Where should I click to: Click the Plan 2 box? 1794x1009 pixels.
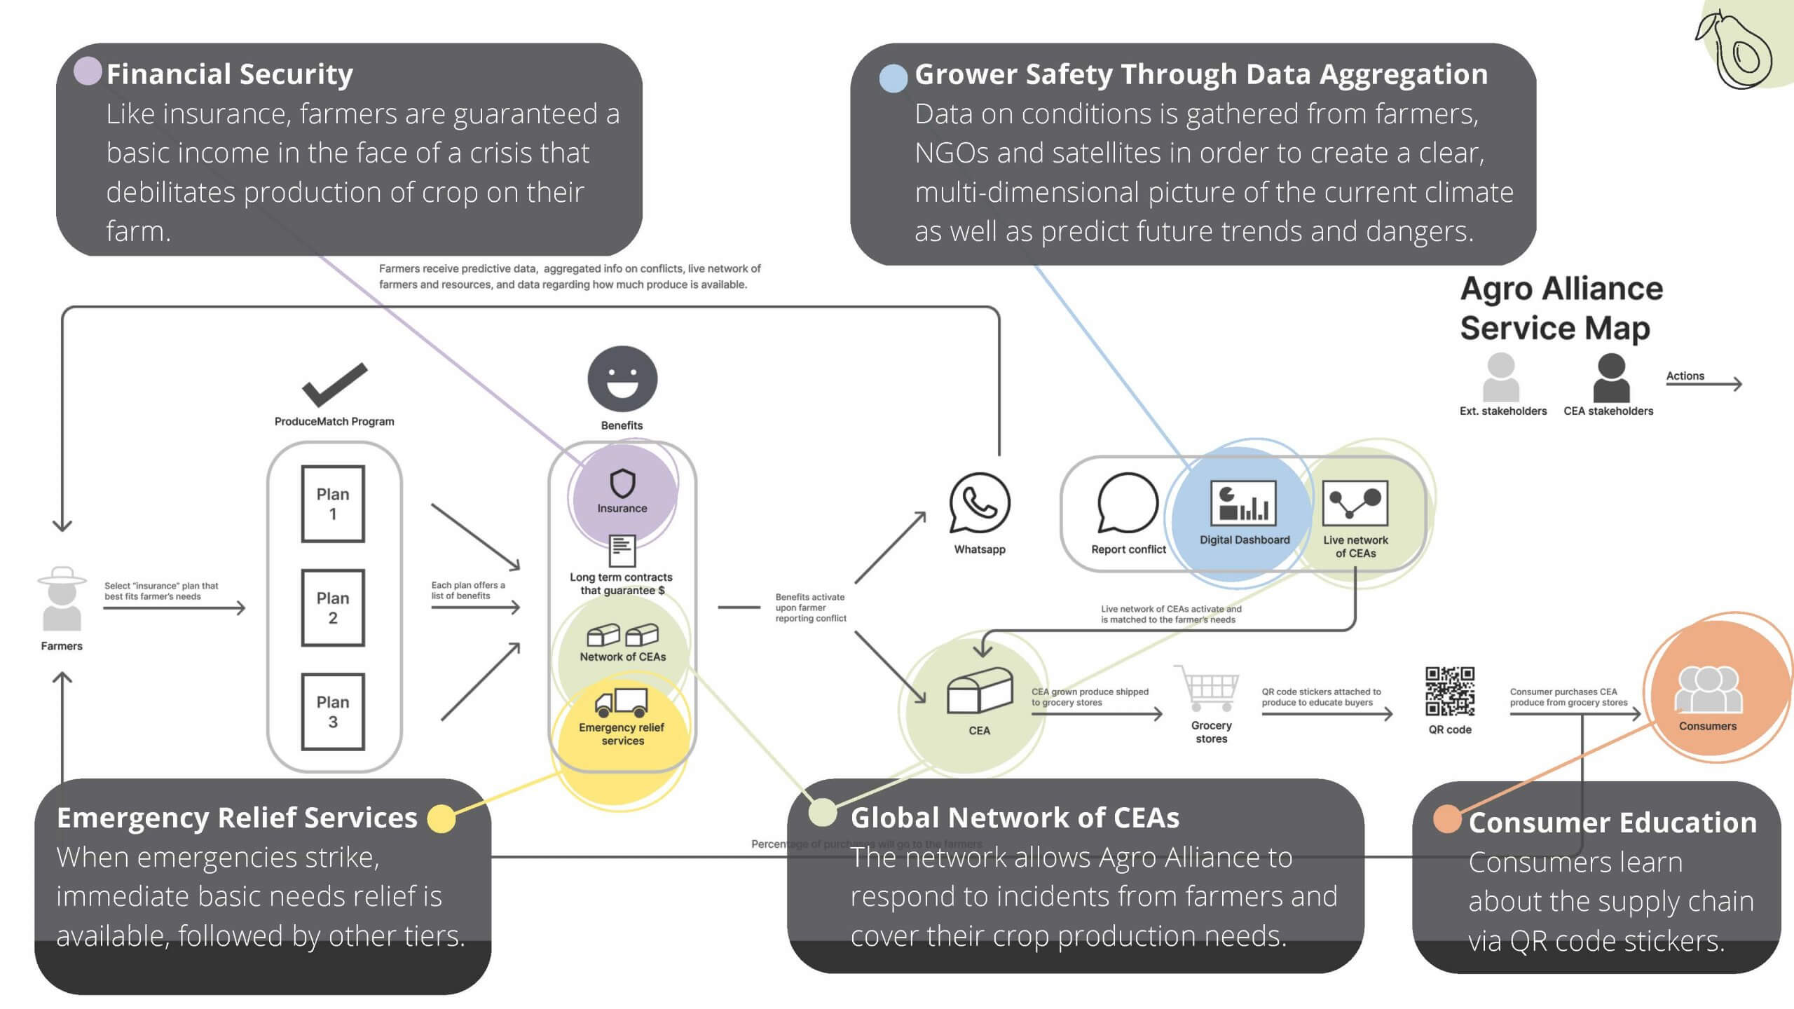(x=333, y=608)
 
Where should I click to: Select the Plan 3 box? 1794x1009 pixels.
(x=333, y=711)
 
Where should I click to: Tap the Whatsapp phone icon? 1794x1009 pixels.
(x=979, y=503)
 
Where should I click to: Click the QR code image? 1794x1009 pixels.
(x=1450, y=691)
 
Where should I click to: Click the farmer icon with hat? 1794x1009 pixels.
(x=62, y=599)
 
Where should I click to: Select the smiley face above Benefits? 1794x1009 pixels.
(x=622, y=379)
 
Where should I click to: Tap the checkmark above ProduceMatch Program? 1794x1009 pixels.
(x=334, y=385)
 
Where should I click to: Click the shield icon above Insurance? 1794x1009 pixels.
(x=622, y=483)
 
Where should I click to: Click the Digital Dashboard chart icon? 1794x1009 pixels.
(x=1243, y=502)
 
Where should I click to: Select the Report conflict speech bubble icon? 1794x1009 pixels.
(x=1127, y=503)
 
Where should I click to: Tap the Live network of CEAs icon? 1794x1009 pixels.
(x=1355, y=502)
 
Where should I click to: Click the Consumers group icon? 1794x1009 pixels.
(x=1707, y=690)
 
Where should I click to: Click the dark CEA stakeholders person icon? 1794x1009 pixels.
(x=1611, y=378)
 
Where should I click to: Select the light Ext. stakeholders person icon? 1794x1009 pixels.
(x=1500, y=378)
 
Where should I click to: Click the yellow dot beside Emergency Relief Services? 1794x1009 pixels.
(x=441, y=818)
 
